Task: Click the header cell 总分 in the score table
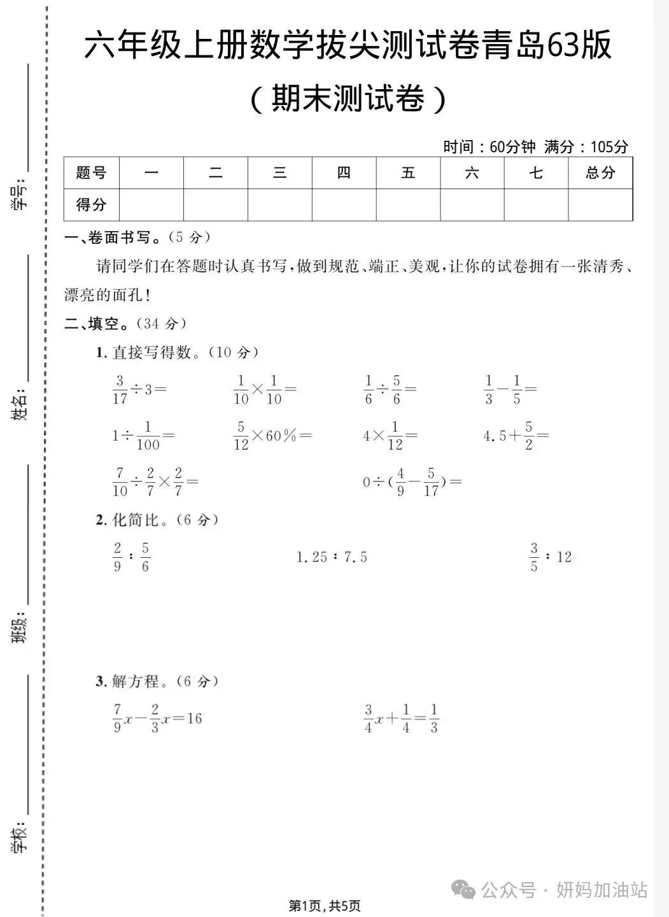click(600, 173)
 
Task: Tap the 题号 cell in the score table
click(91, 173)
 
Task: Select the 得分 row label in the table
click(91, 205)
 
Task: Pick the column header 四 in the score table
click(344, 173)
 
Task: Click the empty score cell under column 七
click(536, 205)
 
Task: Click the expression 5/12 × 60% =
click(272, 436)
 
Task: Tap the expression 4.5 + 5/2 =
click(516, 436)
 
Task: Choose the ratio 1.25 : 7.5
click(332, 558)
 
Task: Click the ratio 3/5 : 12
click(551, 557)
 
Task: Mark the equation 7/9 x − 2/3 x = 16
click(157, 718)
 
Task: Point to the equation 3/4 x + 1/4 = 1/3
click(402, 718)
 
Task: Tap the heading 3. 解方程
click(157, 681)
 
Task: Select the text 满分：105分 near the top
click(586, 147)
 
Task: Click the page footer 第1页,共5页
click(325, 905)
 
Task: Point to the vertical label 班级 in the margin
click(20, 627)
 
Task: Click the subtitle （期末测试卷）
click(348, 99)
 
